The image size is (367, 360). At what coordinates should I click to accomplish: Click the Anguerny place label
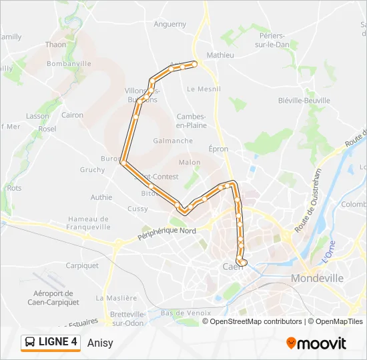[x=170, y=24]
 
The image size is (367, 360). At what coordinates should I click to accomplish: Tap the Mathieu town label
[x=220, y=55]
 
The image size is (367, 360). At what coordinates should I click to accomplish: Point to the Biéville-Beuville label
[x=304, y=101]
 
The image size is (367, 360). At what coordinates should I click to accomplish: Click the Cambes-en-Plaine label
[x=191, y=120]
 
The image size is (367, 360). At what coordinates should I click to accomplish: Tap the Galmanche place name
[x=173, y=141]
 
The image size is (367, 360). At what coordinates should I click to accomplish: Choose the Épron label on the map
[x=218, y=149]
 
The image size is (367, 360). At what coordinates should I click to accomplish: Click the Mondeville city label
[x=317, y=278]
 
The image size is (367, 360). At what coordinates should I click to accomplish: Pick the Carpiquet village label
[x=82, y=265]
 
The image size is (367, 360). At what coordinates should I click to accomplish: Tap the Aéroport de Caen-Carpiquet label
[x=56, y=297]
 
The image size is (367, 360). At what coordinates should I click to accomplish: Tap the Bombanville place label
[x=69, y=63]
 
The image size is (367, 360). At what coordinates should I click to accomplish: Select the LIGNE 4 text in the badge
[x=58, y=343]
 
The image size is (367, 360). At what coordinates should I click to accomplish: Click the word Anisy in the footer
[x=100, y=343]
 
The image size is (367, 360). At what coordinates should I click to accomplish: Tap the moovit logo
[x=316, y=343]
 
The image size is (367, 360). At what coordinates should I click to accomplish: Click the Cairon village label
[x=72, y=115]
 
